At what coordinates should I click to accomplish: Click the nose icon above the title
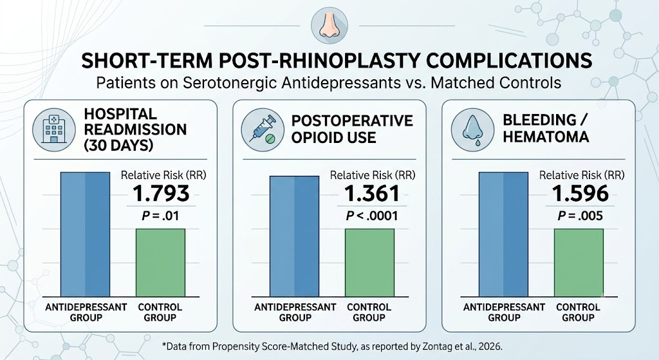tap(329, 26)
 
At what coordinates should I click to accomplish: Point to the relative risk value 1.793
tap(161, 193)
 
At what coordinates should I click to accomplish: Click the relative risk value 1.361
tap(371, 193)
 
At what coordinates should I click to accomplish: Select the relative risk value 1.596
tap(580, 193)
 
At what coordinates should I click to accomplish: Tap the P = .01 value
tap(160, 216)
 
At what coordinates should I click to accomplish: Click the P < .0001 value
tap(371, 216)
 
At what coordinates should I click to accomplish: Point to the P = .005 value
tap(580, 216)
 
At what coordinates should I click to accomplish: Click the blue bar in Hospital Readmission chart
tap(86, 234)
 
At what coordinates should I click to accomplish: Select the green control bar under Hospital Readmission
tap(160, 263)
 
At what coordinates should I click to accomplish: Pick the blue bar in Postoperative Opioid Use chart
tap(294, 236)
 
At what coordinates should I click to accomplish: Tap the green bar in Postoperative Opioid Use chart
tap(369, 263)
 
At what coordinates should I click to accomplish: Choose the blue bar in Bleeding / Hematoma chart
tap(503, 234)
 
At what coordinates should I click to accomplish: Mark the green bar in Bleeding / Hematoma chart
tap(579, 263)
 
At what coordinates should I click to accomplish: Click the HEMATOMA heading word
tap(546, 137)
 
